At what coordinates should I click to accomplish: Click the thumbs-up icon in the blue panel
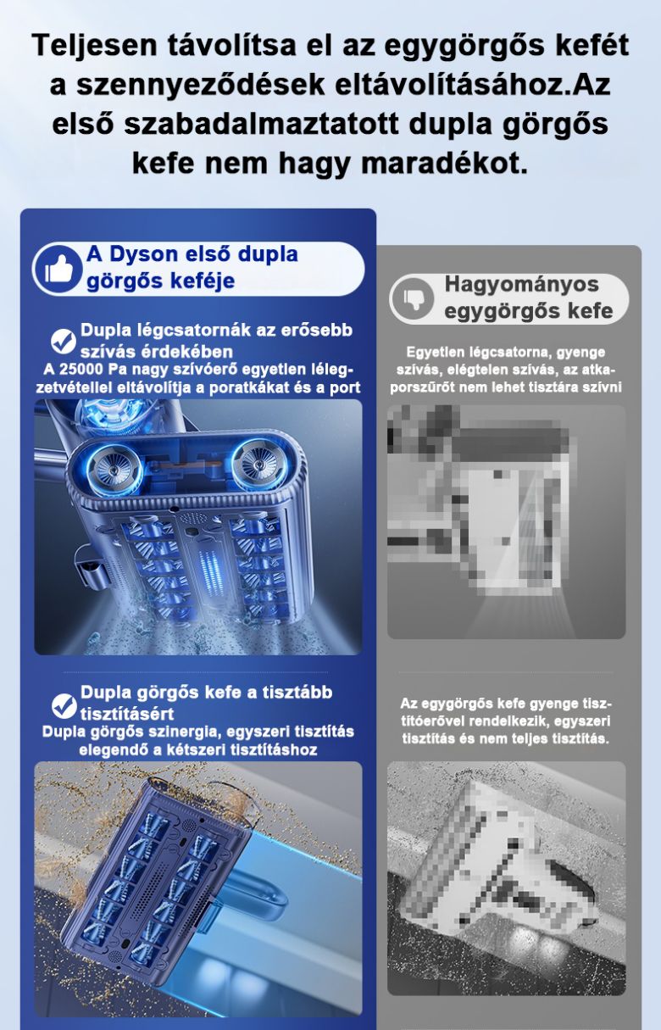tap(58, 269)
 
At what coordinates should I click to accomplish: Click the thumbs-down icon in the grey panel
tap(413, 298)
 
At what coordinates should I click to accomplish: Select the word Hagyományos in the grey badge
tap(521, 285)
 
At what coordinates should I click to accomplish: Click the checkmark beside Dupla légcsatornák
tap(64, 341)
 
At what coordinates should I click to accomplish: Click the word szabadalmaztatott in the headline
tap(261, 124)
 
